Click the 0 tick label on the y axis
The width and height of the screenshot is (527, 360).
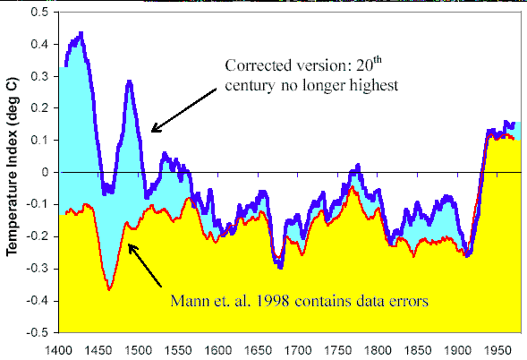pos(47,172)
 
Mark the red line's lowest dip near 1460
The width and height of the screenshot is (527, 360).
pos(109,288)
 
